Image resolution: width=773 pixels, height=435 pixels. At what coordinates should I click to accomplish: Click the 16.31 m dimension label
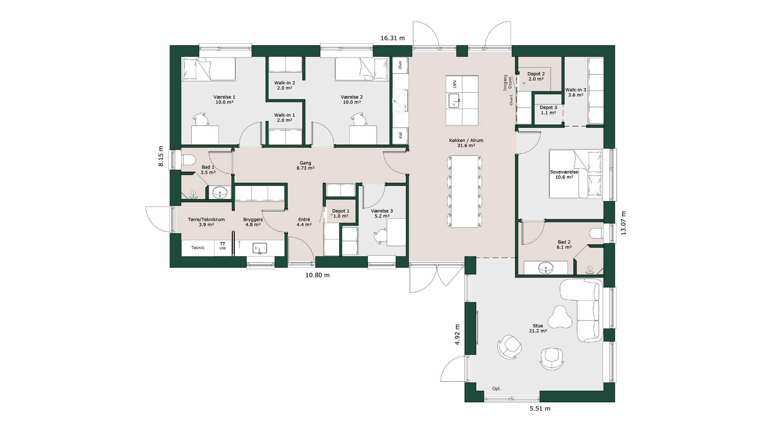pyautogui.click(x=393, y=38)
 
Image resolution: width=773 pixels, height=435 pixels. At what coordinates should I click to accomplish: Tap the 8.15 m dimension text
pyautogui.click(x=161, y=156)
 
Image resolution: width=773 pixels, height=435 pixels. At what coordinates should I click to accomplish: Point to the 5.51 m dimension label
pyautogui.click(x=539, y=408)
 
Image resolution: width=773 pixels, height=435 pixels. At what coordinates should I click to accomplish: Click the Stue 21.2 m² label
pyautogui.click(x=538, y=328)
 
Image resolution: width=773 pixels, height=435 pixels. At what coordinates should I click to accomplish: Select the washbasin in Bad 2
pyautogui.click(x=546, y=267)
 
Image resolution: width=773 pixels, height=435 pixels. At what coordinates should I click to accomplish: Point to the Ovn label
pyautogui.click(x=400, y=65)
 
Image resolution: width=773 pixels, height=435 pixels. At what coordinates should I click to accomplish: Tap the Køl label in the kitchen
pyautogui.click(x=400, y=135)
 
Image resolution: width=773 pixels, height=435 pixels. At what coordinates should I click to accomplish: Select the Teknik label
pyautogui.click(x=198, y=248)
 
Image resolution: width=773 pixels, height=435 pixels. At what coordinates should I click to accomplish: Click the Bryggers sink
pyautogui.click(x=260, y=248)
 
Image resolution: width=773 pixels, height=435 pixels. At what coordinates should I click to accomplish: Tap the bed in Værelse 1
pyautogui.click(x=209, y=69)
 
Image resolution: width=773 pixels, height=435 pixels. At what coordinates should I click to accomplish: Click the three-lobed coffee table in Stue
pyautogui.click(x=559, y=317)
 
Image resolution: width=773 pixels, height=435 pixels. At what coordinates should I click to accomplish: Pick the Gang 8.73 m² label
pyautogui.click(x=306, y=166)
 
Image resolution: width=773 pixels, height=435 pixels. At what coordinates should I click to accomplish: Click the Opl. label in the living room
pyautogui.click(x=496, y=389)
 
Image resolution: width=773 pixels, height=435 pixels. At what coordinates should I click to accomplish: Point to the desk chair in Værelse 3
pyautogui.click(x=380, y=236)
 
